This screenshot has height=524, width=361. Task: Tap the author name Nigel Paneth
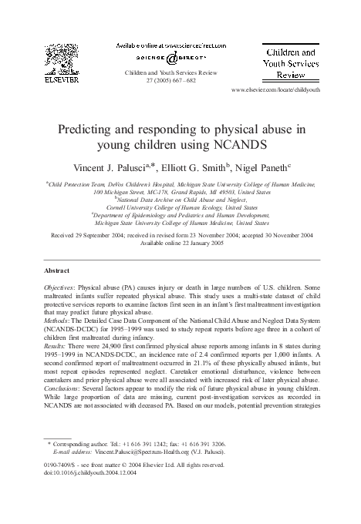click(x=269, y=167)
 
